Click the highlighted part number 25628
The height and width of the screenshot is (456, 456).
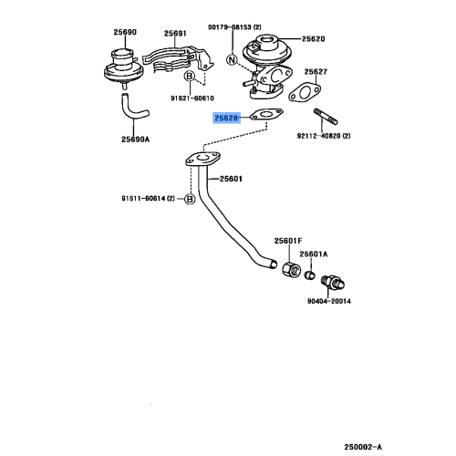(x=226, y=118)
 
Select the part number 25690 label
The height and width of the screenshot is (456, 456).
(x=125, y=32)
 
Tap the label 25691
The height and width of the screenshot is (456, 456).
(x=175, y=33)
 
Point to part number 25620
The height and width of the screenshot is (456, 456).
(x=313, y=39)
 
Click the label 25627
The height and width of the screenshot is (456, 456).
(x=316, y=72)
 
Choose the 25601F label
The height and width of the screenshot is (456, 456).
(x=288, y=241)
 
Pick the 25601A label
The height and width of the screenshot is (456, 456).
(x=314, y=254)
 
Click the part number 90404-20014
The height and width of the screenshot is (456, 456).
(x=329, y=301)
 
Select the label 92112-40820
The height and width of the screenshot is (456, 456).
(x=318, y=136)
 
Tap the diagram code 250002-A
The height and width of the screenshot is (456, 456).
(x=363, y=447)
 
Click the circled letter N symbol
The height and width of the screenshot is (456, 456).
(x=232, y=59)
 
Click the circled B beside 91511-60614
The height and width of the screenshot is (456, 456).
(x=190, y=199)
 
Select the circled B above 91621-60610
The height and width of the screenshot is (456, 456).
(x=190, y=76)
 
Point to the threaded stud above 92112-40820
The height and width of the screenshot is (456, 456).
(x=326, y=117)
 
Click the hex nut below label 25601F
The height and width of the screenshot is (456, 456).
(x=291, y=269)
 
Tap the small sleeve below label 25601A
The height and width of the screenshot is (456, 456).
(x=310, y=275)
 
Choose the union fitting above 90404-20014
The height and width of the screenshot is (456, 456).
(x=333, y=282)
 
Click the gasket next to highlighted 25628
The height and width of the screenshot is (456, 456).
(x=266, y=115)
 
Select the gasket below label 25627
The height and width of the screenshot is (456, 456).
(x=305, y=93)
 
